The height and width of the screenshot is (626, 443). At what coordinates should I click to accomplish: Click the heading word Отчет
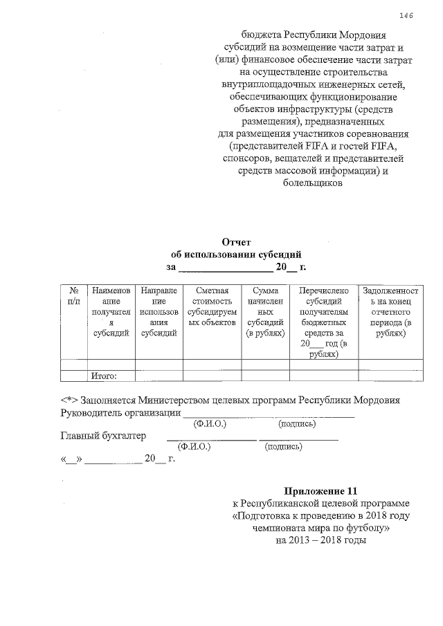point(236,241)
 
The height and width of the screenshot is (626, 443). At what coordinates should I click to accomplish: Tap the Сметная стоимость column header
point(212,307)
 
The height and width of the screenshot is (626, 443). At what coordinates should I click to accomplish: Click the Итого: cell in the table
point(103,376)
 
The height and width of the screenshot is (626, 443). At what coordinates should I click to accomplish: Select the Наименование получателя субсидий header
point(111,313)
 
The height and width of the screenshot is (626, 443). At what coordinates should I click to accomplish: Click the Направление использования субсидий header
point(159,313)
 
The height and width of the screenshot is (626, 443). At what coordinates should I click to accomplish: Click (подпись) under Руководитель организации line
point(297,424)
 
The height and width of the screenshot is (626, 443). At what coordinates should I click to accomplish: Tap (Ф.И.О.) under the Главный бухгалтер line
point(195,447)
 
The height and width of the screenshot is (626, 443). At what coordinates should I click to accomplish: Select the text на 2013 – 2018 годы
point(320,540)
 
